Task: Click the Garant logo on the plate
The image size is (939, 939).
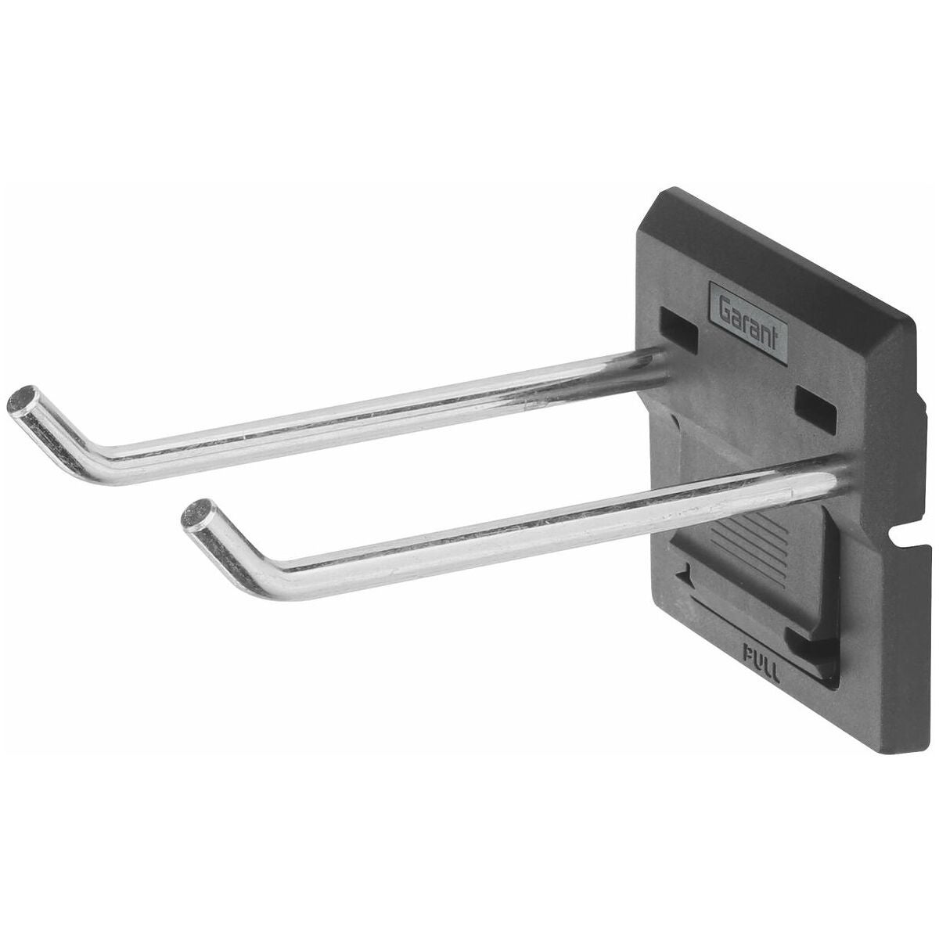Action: [749, 322]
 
